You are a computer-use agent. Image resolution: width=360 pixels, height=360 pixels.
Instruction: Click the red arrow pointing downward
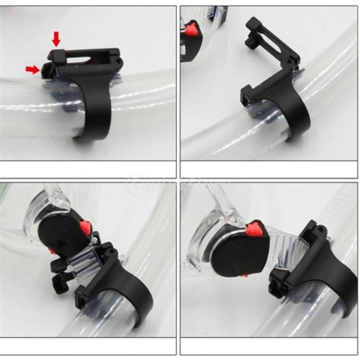56,39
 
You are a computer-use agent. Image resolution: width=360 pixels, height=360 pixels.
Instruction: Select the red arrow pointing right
32,69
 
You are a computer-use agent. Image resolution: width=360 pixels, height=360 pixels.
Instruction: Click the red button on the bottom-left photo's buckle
84,227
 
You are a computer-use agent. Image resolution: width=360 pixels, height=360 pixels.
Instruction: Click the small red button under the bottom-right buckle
244,275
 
